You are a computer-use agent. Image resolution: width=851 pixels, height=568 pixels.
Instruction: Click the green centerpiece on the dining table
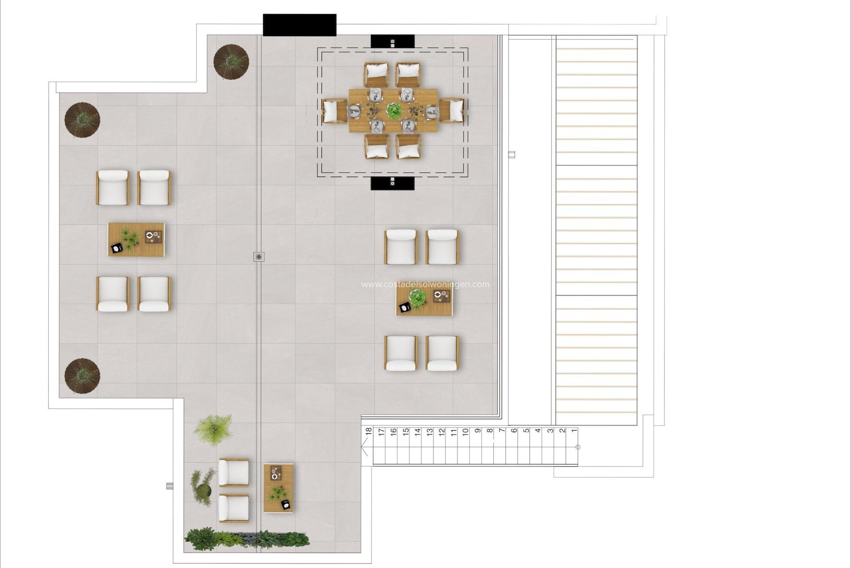click(393, 110)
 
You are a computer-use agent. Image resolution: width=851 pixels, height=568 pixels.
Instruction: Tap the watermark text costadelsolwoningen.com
click(425, 284)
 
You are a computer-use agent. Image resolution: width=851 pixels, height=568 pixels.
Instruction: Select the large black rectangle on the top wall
click(300, 25)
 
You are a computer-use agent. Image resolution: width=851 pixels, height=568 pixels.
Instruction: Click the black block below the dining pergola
click(392, 183)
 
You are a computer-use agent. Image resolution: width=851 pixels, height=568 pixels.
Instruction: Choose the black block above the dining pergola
click(392, 41)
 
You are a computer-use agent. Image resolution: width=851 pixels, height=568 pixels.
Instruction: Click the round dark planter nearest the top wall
click(231, 62)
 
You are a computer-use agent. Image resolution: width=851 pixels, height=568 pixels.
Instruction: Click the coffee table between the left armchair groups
click(137, 239)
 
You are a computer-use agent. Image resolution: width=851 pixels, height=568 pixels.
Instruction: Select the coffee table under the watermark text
click(425, 302)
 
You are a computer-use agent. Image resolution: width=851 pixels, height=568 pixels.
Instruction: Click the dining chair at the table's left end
click(334, 110)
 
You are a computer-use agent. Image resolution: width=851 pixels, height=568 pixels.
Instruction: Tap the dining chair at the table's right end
click(452, 110)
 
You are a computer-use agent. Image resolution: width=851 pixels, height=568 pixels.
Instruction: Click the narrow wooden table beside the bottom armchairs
click(278, 488)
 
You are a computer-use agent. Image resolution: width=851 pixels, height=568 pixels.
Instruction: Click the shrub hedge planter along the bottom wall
click(247, 538)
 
